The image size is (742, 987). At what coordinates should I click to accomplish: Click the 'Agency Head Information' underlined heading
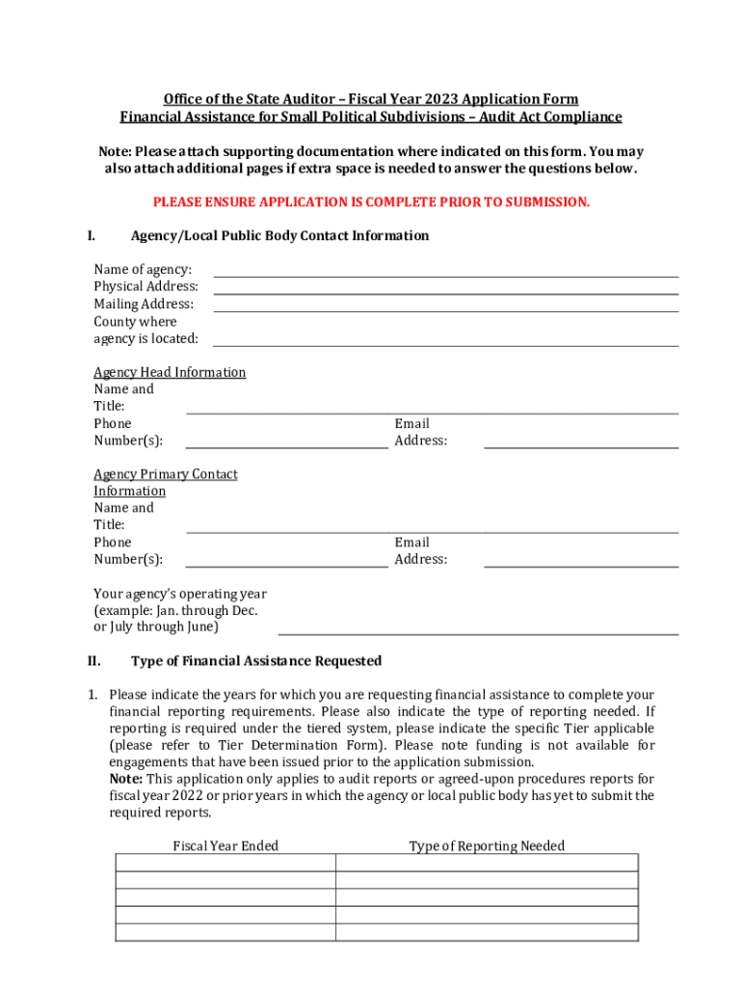170,372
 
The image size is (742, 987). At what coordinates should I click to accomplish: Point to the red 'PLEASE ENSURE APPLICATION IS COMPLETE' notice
371,202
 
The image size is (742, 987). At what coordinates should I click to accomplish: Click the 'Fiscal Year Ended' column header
225,846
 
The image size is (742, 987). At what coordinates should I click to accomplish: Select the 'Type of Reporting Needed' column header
487,846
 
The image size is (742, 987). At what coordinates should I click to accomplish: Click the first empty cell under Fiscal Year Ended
225,863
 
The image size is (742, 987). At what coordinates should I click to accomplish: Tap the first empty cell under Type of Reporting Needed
487,863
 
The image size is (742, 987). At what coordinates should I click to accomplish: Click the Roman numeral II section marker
93,661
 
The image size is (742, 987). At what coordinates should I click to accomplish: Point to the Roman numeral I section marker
91,236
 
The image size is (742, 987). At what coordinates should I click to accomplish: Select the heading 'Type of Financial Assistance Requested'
256,661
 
